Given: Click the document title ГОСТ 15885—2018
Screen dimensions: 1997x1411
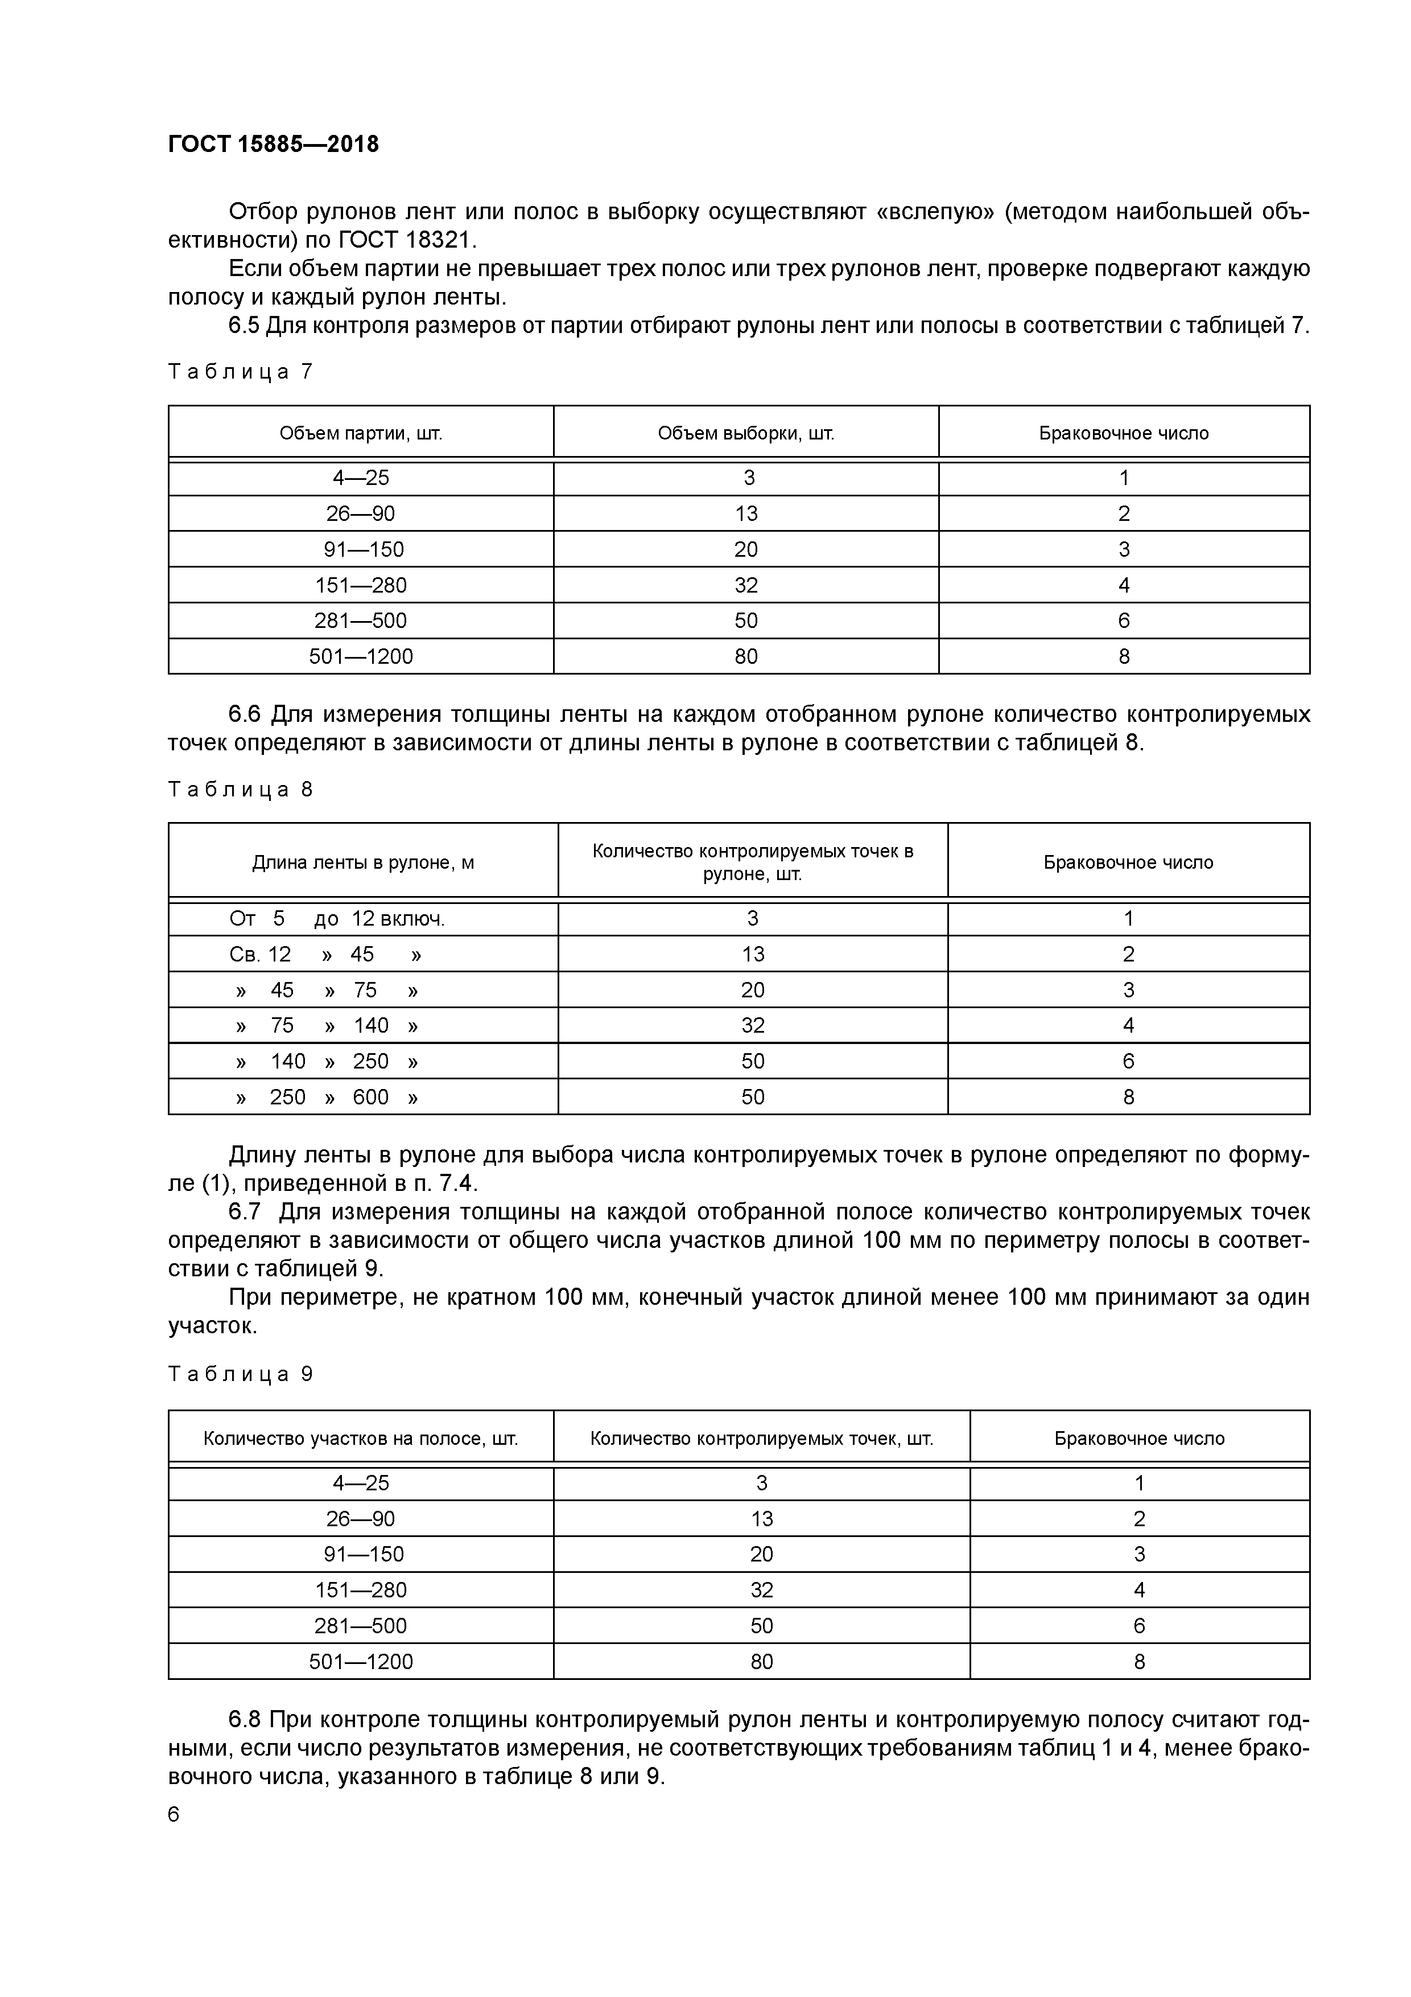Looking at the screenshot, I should click(273, 143).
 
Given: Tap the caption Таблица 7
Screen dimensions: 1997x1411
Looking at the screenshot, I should click(240, 372).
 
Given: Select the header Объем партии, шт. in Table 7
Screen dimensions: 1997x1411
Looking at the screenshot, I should click(361, 433).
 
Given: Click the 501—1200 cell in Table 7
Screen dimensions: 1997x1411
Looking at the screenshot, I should click(361, 657).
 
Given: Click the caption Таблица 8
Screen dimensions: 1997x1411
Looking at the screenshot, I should click(240, 790).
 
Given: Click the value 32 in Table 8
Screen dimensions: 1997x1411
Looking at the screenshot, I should click(752, 1025).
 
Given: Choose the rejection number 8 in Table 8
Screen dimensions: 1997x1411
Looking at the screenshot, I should click(1128, 1098).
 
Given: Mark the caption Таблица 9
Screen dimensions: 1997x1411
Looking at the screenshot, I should click(240, 1374).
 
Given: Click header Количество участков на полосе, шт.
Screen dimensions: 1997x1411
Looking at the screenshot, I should click(361, 1439).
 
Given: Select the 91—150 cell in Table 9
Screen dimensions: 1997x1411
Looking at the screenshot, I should click(361, 1554).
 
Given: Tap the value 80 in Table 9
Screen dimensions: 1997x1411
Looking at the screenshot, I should click(762, 1662).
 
